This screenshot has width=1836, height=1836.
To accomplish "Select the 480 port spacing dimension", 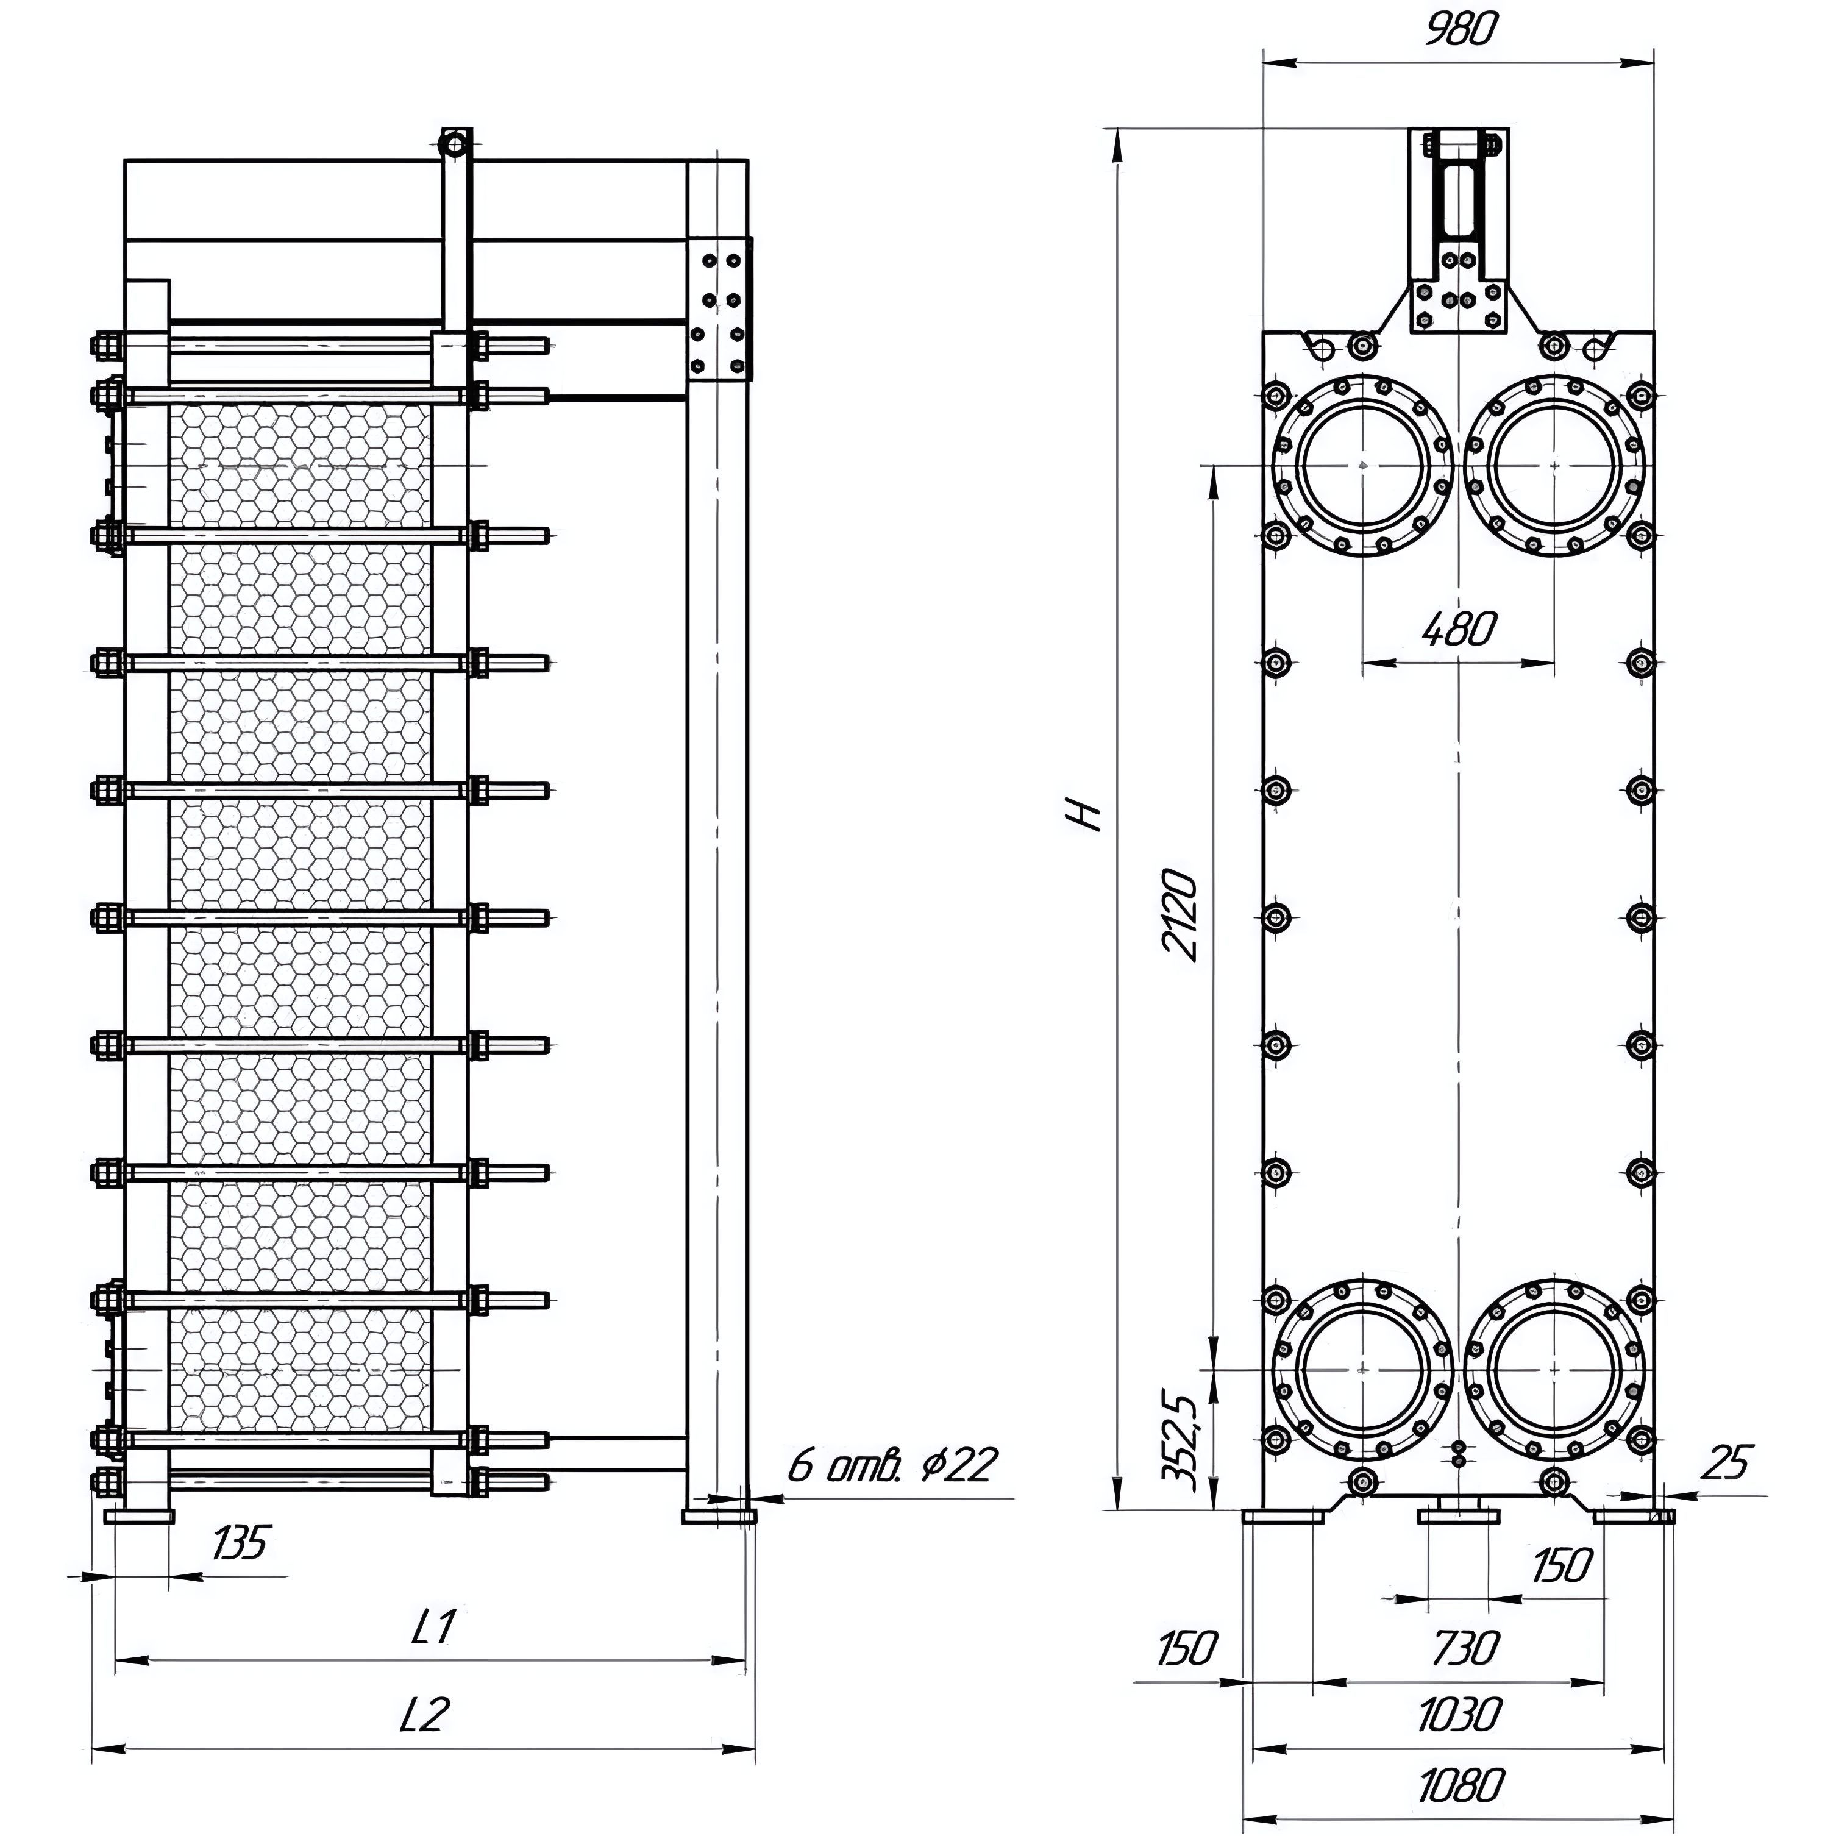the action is (x=1460, y=628).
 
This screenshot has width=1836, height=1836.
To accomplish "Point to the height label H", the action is (x=1085, y=814).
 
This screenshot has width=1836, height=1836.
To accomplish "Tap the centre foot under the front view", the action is (x=1459, y=1515).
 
